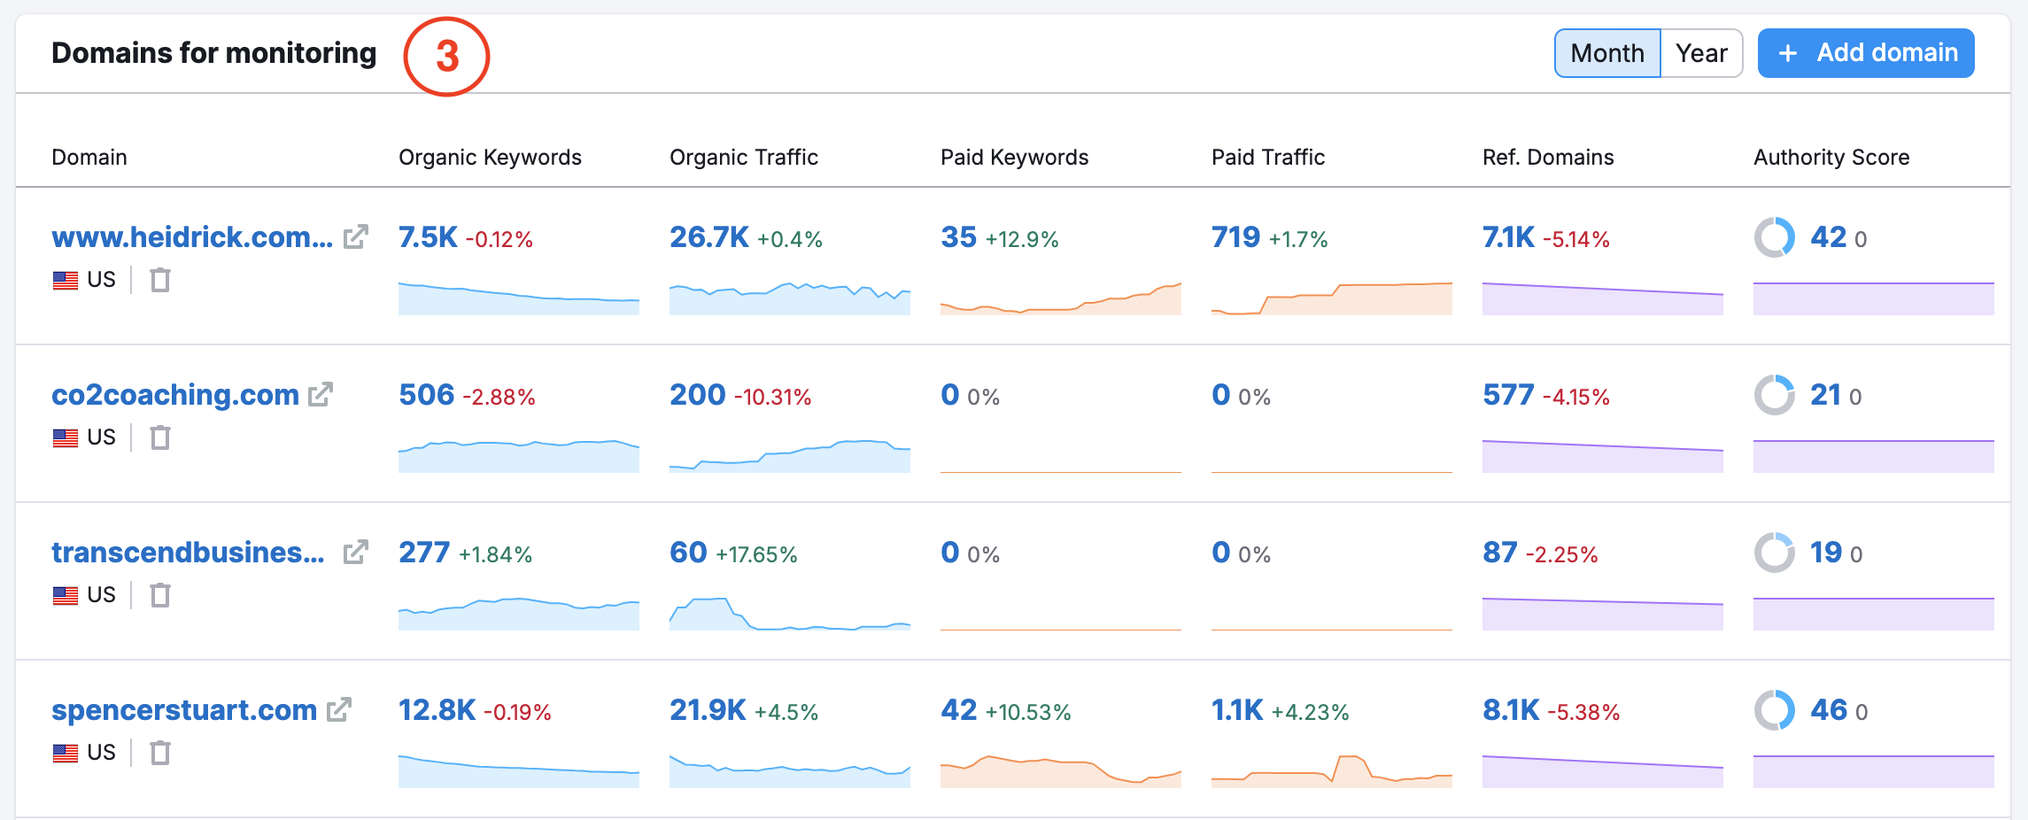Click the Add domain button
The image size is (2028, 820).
pos(1865,53)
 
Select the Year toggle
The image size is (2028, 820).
pos(1701,53)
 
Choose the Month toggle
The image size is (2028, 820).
pos(1606,53)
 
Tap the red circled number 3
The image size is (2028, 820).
pos(446,56)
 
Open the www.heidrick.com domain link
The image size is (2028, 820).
pos(192,237)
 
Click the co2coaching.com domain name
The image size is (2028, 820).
pos(175,395)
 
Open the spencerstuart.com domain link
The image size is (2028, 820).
pos(184,710)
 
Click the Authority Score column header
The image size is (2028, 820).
pos(1831,158)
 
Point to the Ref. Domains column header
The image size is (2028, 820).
pos(1548,158)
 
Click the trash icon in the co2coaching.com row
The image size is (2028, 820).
pos(160,437)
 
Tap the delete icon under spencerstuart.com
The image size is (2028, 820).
pos(160,753)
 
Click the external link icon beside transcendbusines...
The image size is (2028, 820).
pos(355,553)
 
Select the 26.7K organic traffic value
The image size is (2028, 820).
pos(708,237)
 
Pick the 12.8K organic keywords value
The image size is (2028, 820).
pos(437,710)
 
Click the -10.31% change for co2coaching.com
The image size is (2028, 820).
pos(772,398)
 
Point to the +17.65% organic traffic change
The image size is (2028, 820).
pos(756,555)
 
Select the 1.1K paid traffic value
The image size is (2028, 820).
pos(1237,710)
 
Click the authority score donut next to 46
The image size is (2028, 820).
pos(1775,710)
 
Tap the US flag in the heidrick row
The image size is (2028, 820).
pos(66,281)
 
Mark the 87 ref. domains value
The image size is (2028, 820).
pos(1499,553)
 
